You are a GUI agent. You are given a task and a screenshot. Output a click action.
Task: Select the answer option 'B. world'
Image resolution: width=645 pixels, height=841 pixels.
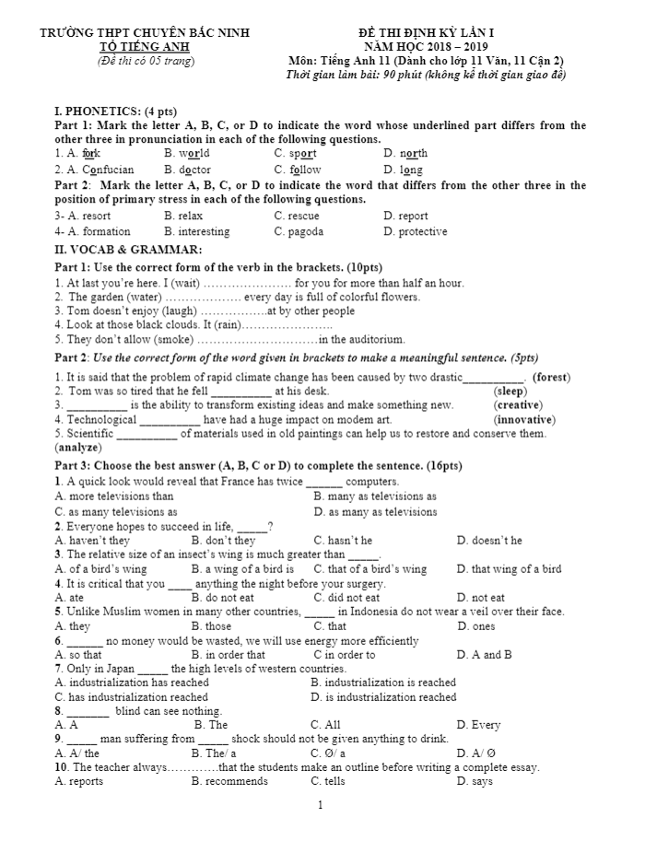pos(187,154)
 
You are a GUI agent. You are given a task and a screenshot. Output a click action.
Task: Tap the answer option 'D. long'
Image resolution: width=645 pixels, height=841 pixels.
pos(403,169)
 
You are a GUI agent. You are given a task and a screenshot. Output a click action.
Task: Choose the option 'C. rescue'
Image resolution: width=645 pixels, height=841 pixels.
pos(297,216)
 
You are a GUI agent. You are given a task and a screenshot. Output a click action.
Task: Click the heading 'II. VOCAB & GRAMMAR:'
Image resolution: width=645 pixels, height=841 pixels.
pos(129,250)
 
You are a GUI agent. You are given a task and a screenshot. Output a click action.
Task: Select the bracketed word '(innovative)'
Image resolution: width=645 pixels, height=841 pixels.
pos(524,419)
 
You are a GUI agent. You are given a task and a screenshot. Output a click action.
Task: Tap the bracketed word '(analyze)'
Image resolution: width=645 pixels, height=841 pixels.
pos(78,448)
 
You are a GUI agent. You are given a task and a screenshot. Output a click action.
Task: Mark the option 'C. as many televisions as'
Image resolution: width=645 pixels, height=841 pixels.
pos(116,511)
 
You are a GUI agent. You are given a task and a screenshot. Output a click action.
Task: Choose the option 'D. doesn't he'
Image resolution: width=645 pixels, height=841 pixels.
pos(489,541)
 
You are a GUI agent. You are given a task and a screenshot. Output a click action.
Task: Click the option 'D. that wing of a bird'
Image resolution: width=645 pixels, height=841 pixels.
pos(509,569)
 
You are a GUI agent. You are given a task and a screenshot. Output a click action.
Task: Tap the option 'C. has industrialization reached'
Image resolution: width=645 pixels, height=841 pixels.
pos(131,697)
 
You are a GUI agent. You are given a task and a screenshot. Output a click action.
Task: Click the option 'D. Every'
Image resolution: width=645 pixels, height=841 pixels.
pos(478,725)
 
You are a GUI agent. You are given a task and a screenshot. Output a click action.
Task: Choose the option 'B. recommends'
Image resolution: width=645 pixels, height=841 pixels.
pos(229,781)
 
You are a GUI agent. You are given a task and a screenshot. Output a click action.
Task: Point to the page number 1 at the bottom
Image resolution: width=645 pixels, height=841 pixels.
pos(320,806)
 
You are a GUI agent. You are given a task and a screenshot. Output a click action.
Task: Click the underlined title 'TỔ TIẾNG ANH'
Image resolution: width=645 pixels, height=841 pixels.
pos(146,47)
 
